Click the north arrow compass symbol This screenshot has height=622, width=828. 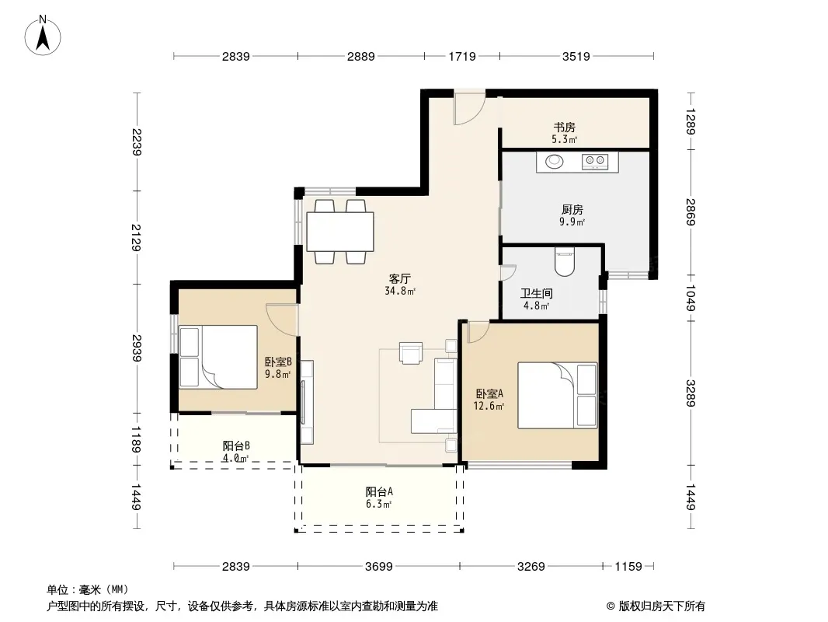click(x=42, y=35)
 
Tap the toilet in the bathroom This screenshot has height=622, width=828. click(x=565, y=262)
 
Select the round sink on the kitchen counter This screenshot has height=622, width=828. click(x=554, y=161)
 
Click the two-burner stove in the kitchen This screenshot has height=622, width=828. click(x=595, y=161)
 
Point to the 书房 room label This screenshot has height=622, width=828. click(x=564, y=128)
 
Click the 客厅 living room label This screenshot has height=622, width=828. click(x=400, y=278)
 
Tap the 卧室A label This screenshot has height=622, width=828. click(x=489, y=393)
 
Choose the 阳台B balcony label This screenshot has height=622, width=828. click(x=236, y=446)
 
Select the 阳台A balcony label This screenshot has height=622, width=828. click(x=379, y=492)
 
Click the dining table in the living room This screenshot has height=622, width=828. click(x=341, y=232)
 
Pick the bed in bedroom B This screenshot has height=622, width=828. click(x=218, y=357)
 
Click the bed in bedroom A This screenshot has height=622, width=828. click(x=558, y=395)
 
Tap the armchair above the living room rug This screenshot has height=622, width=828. click(x=411, y=353)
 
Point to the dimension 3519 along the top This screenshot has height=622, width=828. click(x=576, y=56)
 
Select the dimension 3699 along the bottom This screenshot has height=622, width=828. click(x=378, y=567)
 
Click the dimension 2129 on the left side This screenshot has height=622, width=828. click(x=136, y=237)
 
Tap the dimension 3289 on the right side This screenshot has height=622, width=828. click(x=691, y=393)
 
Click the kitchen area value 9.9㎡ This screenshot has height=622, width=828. click(x=572, y=222)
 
